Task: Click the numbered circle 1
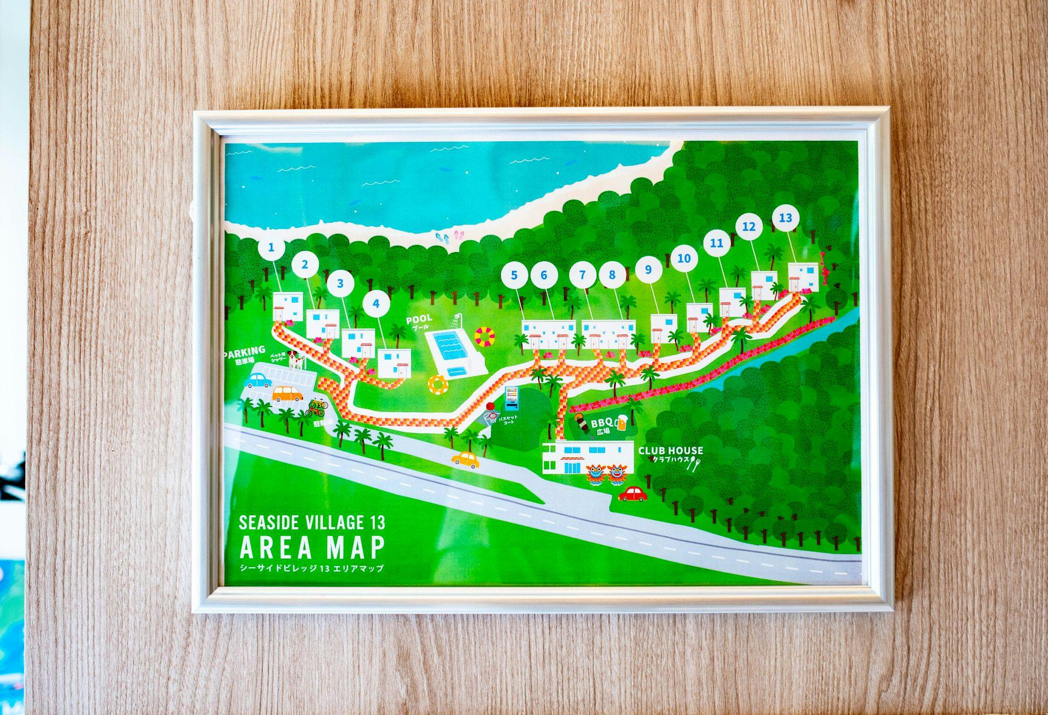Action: [x=271, y=247]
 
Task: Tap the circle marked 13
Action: [x=785, y=218]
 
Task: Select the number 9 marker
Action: [x=648, y=269]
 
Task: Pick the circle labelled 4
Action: [x=376, y=304]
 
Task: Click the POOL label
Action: [x=419, y=319]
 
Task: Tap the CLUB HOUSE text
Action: [x=670, y=451]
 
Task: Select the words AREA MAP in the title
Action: [x=312, y=548]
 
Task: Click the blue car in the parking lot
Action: [x=259, y=380]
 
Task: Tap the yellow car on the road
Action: [x=465, y=459]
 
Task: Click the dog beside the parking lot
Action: [x=295, y=359]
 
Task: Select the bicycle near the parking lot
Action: [x=316, y=408]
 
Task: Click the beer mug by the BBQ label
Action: [x=622, y=422]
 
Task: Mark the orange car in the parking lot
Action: [x=287, y=393]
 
